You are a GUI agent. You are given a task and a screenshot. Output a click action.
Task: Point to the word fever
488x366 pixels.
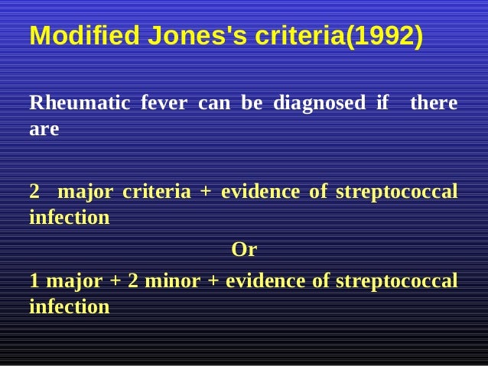coord(164,102)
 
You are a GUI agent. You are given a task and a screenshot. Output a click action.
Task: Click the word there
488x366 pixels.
coord(434,102)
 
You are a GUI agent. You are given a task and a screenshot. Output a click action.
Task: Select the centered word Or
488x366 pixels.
coord(244,250)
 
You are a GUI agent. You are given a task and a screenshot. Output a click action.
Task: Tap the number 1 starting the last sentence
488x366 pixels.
coord(34,280)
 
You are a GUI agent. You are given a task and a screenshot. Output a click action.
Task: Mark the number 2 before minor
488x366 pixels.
coord(133,280)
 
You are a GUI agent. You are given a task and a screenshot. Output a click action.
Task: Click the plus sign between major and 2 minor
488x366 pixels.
coord(115,280)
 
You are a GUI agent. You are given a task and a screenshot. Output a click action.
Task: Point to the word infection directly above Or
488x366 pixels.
coord(69,218)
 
